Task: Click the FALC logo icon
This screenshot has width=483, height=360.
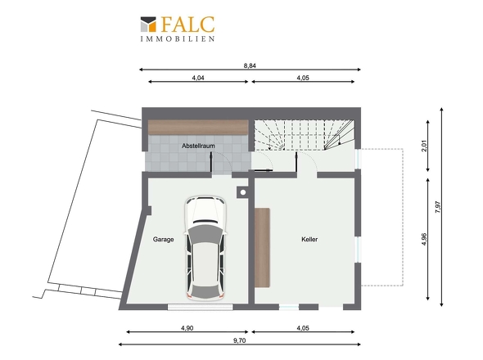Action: [148, 24]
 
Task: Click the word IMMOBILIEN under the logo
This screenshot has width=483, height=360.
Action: [178, 39]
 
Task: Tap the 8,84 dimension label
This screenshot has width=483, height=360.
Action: [250, 65]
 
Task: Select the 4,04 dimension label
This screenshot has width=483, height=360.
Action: [198, 78]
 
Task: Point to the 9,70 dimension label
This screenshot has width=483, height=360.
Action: [239, 340]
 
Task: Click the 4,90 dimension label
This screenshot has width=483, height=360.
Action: [187, 328]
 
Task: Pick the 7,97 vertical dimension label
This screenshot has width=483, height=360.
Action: [438, 207]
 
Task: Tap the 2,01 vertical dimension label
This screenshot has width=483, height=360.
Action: [424, 146]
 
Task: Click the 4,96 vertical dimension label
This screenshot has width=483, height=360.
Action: [424, 239]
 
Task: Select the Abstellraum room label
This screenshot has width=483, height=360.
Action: [198, 146]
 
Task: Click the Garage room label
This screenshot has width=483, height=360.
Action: [163, 239]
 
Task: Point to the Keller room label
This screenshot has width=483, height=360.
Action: [309, 239]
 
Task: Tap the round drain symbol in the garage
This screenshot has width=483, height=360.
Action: [243, 192]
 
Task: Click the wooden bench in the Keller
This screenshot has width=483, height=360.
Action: [262, 248]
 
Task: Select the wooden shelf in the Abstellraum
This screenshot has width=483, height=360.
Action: [198, 127]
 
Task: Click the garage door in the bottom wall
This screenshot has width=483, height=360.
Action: [201, 307]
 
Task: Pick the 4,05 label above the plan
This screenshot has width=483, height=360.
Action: [303, 78]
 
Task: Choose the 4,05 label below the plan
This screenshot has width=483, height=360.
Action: [303, 328]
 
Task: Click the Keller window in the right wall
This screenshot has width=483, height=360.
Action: [358, 250]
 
